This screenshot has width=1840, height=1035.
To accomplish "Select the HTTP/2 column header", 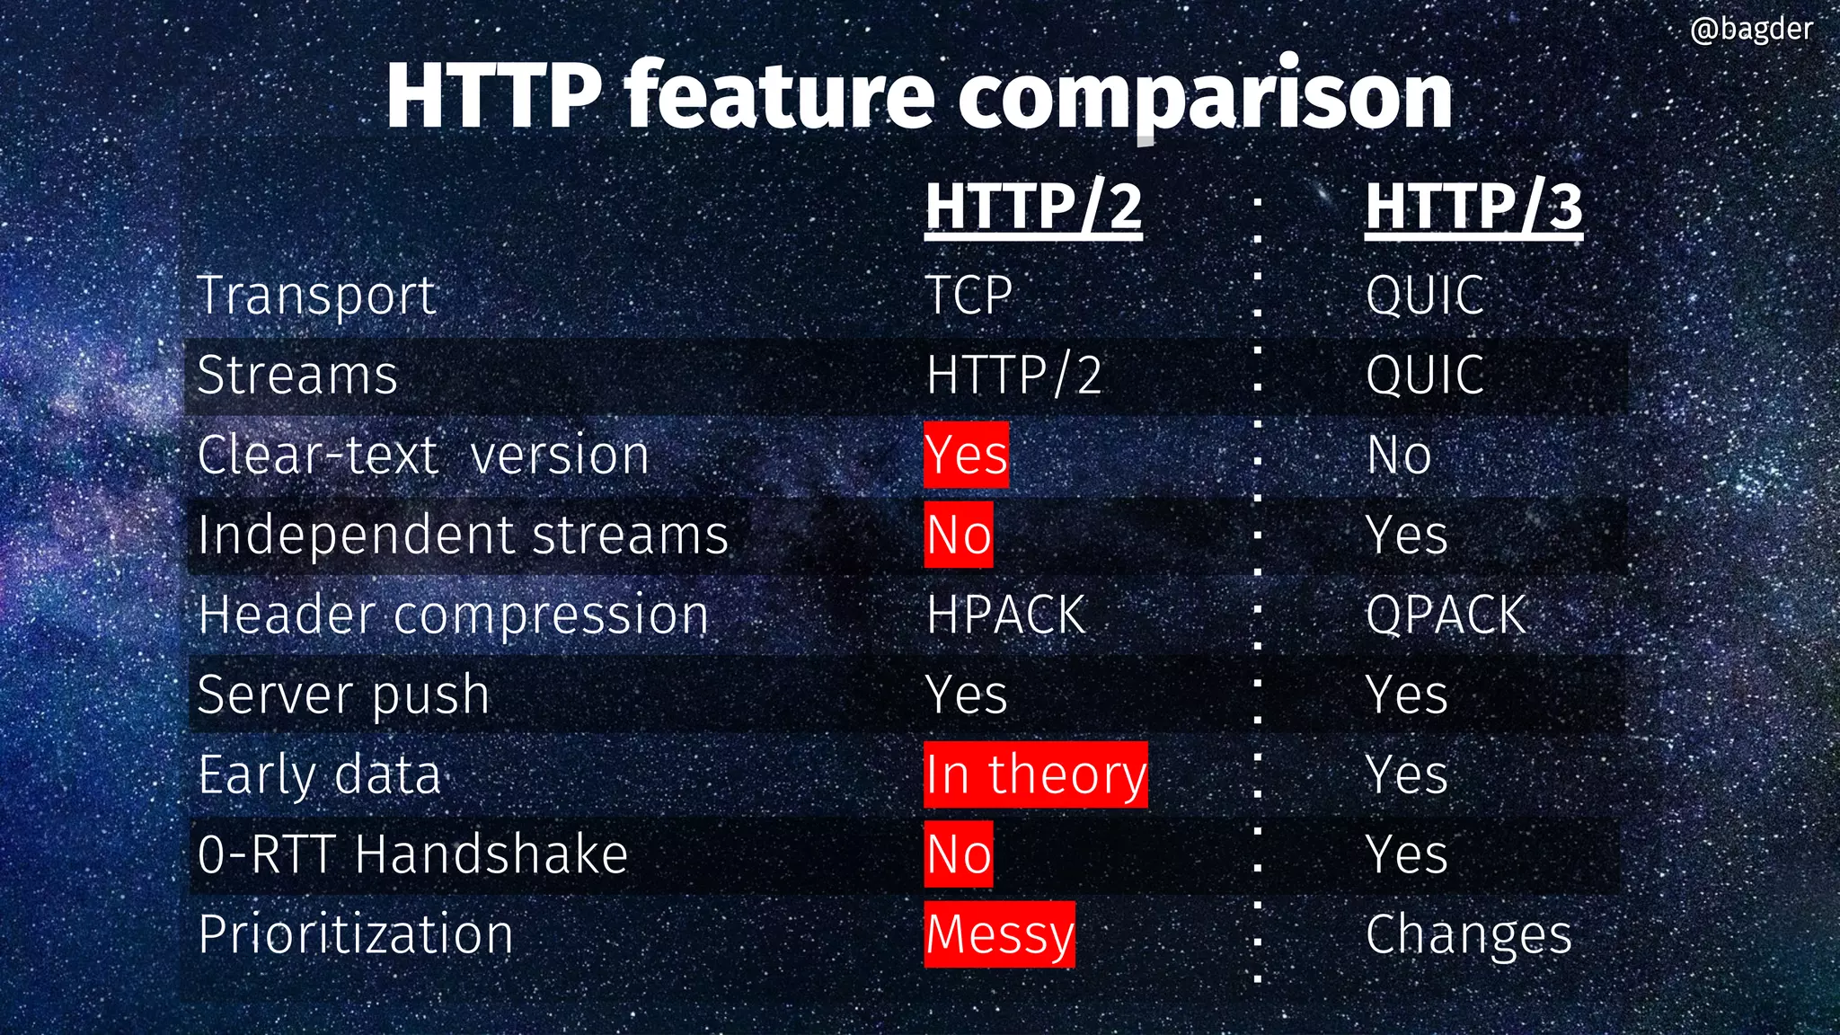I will pyautogui.click(x=1033, y=207).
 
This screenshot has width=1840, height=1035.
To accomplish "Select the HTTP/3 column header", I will pyautogui.click(x=1473, y=207).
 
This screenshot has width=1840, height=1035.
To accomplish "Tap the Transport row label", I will pyautogui.click(x=317, y=296).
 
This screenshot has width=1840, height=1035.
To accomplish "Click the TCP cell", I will pyautogui.click(x=969, y=296).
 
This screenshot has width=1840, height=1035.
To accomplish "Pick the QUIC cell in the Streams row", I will pyautogui.click(x=1425, y=375).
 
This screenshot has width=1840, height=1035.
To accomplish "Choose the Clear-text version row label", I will pyautogui.click(x=423, y=455).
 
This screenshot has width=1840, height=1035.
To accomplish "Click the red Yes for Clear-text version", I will pyautogui.click(x=967, y=455).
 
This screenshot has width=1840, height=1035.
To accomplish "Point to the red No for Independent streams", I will pyautogui.click(x=959, y=535).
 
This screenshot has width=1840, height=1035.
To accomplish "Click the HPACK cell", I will pyautogui.click(x=1005, y=615).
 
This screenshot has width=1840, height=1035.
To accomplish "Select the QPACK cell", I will pyautogui.click(x=1446, y=615).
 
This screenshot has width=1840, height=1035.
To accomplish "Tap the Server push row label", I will pyautogui.click(x=343, y=695).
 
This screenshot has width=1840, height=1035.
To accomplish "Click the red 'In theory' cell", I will pyautogui.click(x=1036, y=774).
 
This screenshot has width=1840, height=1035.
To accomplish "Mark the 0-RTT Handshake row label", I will pyautogui.click(x=412, y=854).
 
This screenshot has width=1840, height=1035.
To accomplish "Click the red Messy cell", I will pyautogui.click(x=999, y=934).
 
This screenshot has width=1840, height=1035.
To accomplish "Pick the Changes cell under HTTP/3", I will pyautogui.click(x=1469, y=934).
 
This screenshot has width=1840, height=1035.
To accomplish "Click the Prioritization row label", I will pyautogui.click(x=356, y=934).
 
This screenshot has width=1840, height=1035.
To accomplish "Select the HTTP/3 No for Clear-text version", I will pyautogui.click(x=1399, y=455).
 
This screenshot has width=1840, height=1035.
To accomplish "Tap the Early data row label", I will pyautogui.click(x=320, y=774).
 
